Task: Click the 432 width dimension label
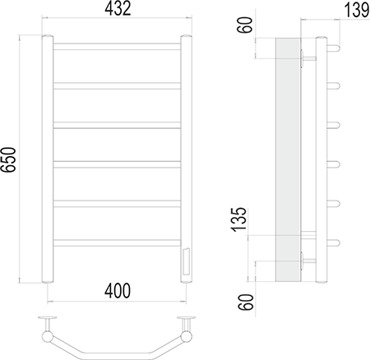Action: pyautogui.click(x=118, y=8)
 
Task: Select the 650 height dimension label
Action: pyautogui.click(x=8, y=159)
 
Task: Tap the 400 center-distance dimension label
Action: pyautogui.click(x=118, y=291)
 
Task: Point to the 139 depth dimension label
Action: pyautogui.click(x=357, y=11)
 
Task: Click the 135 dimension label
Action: pyautogui.click(x=239, y=219)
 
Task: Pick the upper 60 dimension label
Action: pyautogui.click(x=245, y=25)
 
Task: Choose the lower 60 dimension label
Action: pyautogui.click(x=245, y=302)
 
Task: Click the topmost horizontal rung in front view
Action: pyautogui.click(x=117, y=47)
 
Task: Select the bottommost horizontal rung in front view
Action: pyautogui.click(x=117, y=243)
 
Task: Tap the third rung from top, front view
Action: pyautogui.click(x=117, y=125)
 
